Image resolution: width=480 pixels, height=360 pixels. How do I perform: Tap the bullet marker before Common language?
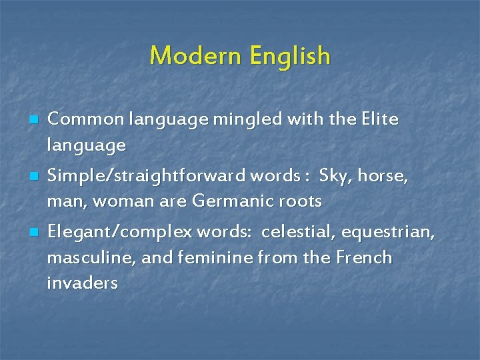[33, 121]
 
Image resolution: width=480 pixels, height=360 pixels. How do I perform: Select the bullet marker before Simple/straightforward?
[33, 177]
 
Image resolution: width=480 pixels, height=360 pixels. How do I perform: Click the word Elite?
[379, 119]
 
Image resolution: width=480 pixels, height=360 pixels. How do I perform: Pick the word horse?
[382, 176]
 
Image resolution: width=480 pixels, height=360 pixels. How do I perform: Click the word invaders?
[82, 283]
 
